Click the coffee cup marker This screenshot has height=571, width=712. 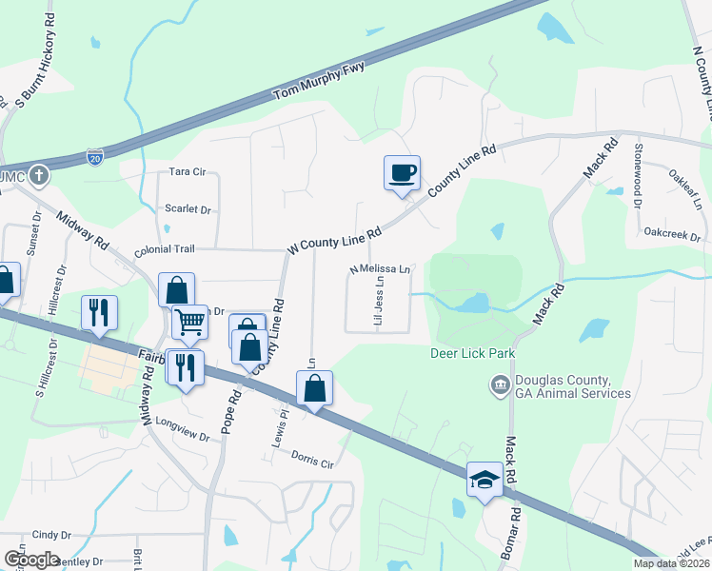tap(401, 172)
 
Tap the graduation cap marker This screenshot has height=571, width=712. tap(485, 479)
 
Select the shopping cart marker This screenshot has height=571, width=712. tap(189, 322)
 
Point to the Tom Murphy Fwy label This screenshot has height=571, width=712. tap(319, 81)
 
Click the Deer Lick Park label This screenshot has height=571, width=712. tap(473, 354)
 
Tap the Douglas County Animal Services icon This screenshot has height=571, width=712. tap(499, 385)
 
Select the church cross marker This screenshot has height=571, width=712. tap(38, 175)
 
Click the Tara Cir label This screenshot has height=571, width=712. tap(187, 171)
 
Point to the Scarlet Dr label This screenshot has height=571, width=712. tap(187, 208)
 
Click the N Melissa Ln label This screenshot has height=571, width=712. tap(379, 269)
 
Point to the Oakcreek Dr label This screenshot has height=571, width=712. tap(671, 232)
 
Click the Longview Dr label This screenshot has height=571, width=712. tap(181, 422)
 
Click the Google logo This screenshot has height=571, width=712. tap(31, 559)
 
